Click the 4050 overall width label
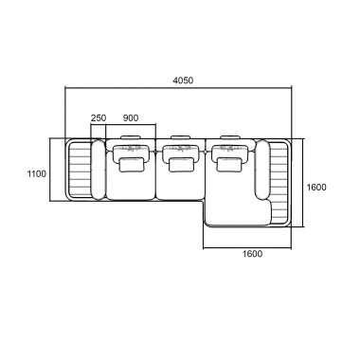click(x=183, y=81)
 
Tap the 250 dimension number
click(x=99, y=118)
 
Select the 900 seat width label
click(x=131, y=118)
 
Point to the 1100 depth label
click(x=37, y=173)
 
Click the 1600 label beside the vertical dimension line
click(x=316, y=188)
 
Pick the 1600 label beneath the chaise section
click(x=252, y=254)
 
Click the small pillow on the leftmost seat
click(x=132, y=165)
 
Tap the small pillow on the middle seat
click(x=181, y=165)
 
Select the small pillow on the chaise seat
click(x=229, y=165)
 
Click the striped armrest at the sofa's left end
click(x=79, y=170)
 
